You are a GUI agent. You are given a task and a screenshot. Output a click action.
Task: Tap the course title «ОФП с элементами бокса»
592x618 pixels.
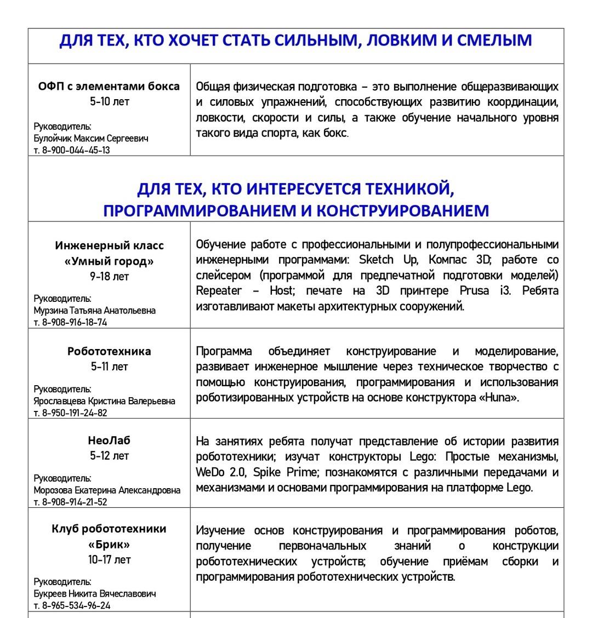(x=109, y=86)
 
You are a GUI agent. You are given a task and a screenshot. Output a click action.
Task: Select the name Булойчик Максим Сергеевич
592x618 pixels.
(x=91, y=138)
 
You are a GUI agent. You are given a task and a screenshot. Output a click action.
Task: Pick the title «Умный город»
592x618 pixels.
(x=109, y=261)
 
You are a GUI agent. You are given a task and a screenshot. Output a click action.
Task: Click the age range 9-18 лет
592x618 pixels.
(x=109, y=277)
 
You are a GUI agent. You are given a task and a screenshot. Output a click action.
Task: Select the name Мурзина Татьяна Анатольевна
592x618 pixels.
(x=95, y=310)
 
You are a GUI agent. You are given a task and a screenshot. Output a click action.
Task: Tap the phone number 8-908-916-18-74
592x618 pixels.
(x=75, y=322)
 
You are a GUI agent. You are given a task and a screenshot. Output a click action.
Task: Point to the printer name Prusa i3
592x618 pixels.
(x=483, y=290)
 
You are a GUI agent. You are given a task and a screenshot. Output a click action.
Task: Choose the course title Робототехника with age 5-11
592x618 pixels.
(x=109, y=351)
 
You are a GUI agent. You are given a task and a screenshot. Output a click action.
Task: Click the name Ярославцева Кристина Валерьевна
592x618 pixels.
(x=105, y=401)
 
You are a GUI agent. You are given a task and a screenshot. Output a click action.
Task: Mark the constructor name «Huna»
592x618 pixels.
(x=499, y=397)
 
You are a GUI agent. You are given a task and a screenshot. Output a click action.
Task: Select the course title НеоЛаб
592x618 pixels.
(x=109, y=440)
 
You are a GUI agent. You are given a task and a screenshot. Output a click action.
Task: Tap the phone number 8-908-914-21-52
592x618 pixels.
(x=75, y=502)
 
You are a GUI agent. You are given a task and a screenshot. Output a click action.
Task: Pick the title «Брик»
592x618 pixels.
(x=109, y=545)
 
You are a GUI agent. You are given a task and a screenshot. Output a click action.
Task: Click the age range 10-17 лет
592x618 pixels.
(x=109, y=560)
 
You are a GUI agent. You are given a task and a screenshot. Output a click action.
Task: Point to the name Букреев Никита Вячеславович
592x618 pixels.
(x=95, y=593)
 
